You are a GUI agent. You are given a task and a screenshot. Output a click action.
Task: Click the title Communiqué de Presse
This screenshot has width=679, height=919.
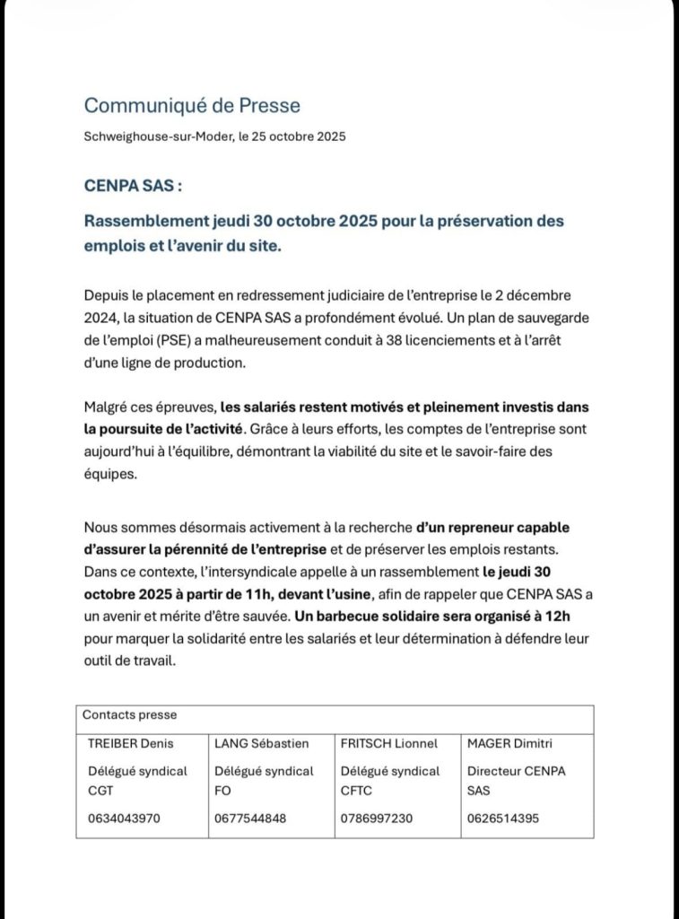point(192,106)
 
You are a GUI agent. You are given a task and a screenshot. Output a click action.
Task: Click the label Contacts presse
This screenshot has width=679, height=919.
point(129,715)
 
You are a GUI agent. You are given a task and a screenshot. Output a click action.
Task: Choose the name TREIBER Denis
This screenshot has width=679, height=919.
point(130,743)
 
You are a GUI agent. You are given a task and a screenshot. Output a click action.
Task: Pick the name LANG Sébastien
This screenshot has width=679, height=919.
point(261,743)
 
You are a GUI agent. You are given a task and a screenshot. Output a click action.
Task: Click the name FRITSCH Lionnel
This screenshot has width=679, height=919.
point(389,743)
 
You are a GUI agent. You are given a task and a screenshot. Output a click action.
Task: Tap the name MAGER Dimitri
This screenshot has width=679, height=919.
point(509,743)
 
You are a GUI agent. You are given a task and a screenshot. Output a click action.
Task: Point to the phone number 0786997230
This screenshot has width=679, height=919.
point(377,818)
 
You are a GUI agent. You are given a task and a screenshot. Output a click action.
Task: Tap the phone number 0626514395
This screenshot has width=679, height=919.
point(502,818)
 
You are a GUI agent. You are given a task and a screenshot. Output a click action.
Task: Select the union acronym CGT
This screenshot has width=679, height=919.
point(101,792)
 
